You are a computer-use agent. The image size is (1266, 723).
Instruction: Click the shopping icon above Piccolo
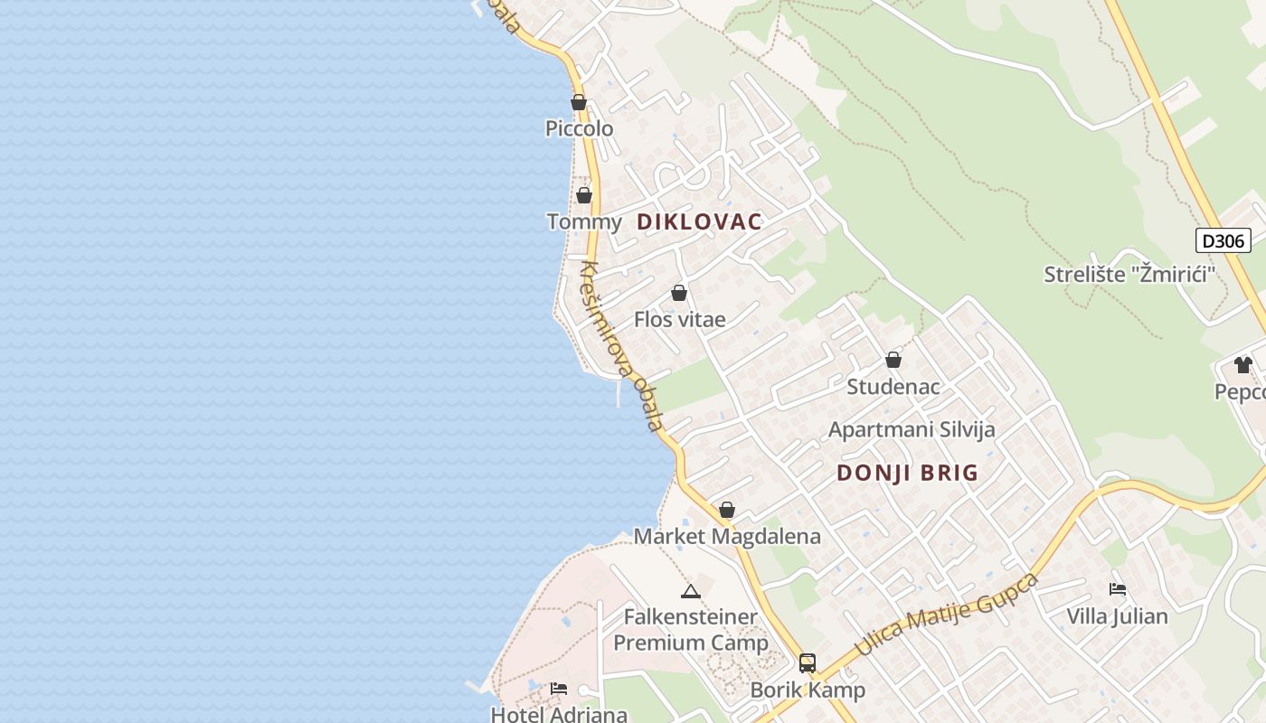click(x=579, y=102)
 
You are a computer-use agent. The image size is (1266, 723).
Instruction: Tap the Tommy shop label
click(x=584, y=222)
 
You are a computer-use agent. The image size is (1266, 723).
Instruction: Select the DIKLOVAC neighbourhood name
click(x=700, y=221)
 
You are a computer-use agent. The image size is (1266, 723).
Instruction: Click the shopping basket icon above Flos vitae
click(x=679, y=293)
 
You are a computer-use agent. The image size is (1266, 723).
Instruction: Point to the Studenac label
click(x=893, y=387)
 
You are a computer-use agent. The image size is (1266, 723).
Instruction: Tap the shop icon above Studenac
click(x=893, y=360)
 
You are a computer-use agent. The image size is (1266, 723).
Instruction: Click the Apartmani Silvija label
click(x=912, y=429)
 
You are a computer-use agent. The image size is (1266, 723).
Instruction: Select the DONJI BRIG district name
click(x=908, y=473)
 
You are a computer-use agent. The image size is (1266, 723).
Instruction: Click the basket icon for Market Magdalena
click(x=727, y=510)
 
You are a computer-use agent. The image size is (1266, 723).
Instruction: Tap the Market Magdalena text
click(x=727, y=536)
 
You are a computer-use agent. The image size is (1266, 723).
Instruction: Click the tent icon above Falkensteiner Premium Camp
click(x=691, y=592)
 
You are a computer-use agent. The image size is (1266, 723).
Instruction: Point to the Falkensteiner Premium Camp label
click(x=691, y=630)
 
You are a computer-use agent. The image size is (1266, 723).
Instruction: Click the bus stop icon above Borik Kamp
click(x=808, y=663)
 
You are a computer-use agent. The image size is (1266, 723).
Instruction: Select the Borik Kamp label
click(x=808, y=690)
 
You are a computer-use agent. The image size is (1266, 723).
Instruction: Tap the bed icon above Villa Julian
click(x=1118, y=589)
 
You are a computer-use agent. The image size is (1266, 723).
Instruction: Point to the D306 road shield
click(x=1223, y=240)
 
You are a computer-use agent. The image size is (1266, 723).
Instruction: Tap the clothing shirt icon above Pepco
click(x=1243, y=365)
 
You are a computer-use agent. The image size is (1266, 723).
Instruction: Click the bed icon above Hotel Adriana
click(x=559, y=689)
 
